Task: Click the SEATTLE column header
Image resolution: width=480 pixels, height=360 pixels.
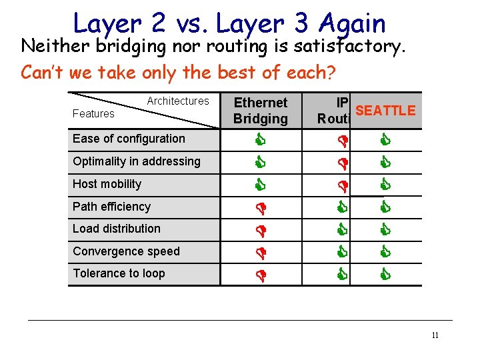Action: pos(385,111)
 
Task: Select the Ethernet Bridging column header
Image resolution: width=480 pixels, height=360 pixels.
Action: pos(261,111)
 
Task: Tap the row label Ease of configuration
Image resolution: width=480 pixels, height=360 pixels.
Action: pos(129,139)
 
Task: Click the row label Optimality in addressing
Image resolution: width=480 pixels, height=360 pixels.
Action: pos(137,161)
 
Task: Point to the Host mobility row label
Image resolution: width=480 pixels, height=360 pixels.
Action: pos(107,184)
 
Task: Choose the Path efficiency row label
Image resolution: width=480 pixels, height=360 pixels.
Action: pos(111,207)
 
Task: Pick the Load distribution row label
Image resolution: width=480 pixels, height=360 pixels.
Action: pos(117,229)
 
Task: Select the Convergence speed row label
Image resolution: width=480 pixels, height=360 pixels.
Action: pos(126,251)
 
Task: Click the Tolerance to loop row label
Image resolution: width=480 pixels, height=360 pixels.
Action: pos(119,273)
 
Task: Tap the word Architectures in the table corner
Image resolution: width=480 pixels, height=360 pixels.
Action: pos(178,101)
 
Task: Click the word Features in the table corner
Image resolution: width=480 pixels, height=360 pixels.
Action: pos(93,114)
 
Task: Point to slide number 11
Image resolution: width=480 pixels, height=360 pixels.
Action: pos(435,335)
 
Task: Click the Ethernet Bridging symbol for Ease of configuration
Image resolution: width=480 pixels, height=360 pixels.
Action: pos(261,140)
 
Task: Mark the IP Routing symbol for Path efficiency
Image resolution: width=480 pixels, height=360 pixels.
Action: pos(342,207)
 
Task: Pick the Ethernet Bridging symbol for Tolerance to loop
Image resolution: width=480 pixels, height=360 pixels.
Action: pos(261,273)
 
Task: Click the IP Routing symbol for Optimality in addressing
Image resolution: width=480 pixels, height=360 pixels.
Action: pos(342,162)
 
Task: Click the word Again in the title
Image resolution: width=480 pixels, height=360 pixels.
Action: pos(352,24)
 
